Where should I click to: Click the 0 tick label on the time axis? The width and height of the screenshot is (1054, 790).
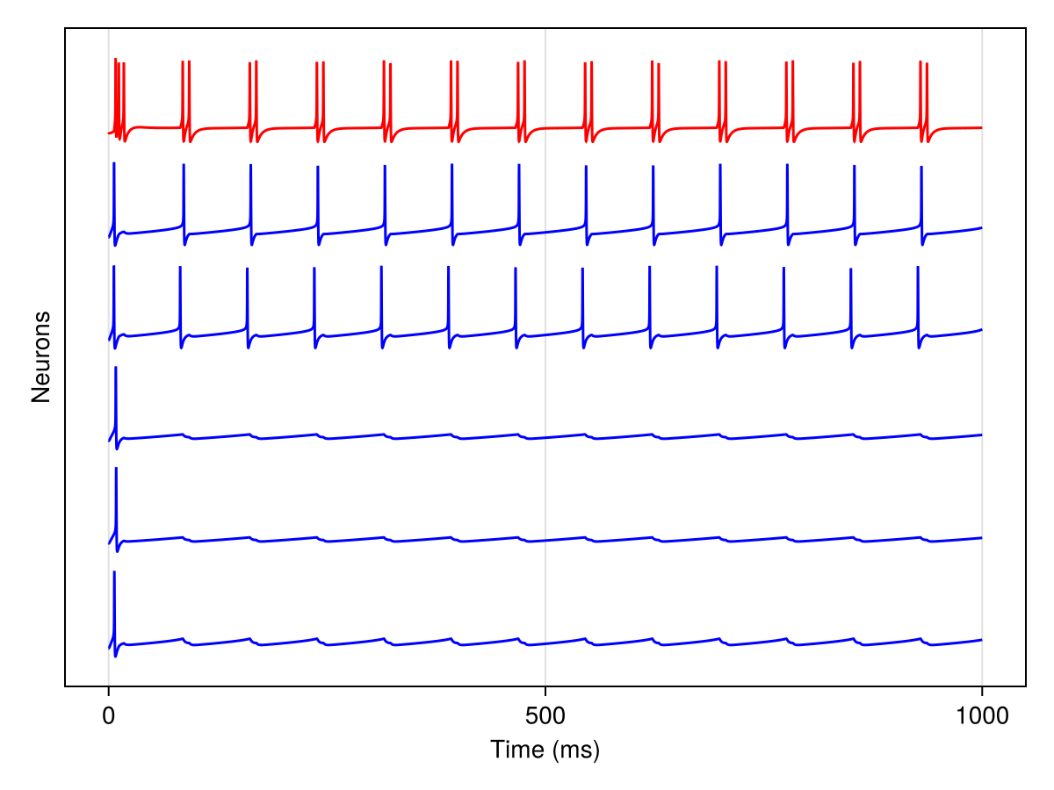[x=108, y=715]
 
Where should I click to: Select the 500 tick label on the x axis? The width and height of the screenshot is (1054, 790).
[x=545, y=715]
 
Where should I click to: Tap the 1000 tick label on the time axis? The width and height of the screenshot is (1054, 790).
[x=981, y=715]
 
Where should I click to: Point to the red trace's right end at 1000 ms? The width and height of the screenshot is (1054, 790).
[x=981, y=128]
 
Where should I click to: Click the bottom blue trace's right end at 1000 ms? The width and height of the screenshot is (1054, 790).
[x=981, y=640]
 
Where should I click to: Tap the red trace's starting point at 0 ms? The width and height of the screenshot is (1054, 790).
[x=109, y=133]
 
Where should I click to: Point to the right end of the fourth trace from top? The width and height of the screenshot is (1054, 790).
[x=981, y=435]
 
